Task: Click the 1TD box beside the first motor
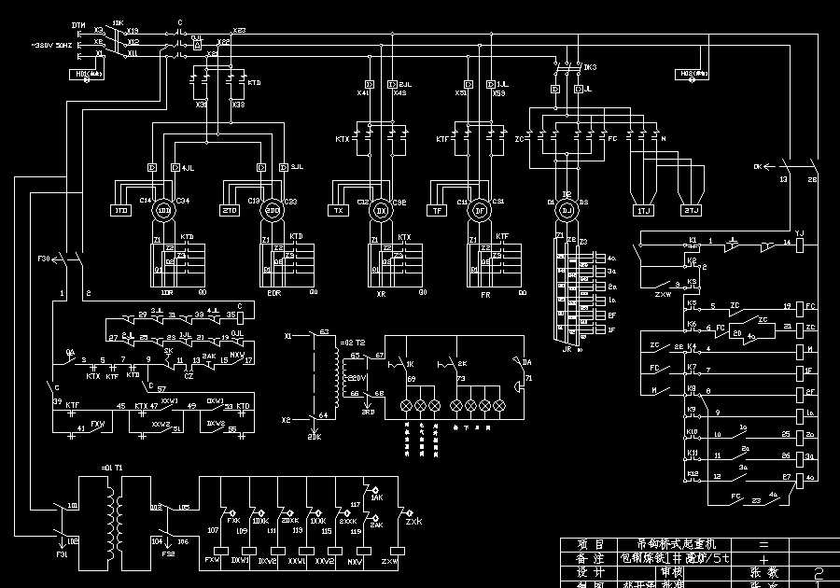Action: [121, 211]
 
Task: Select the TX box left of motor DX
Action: [338, 211]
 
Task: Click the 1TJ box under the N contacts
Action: [643, 211]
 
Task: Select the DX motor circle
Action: [380, 211]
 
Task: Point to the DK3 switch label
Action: [590, 68]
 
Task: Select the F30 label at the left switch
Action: [44, 259]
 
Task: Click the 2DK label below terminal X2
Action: [315, 436]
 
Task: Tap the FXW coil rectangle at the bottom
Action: [213, 560]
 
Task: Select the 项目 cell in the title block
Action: [585, 543]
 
